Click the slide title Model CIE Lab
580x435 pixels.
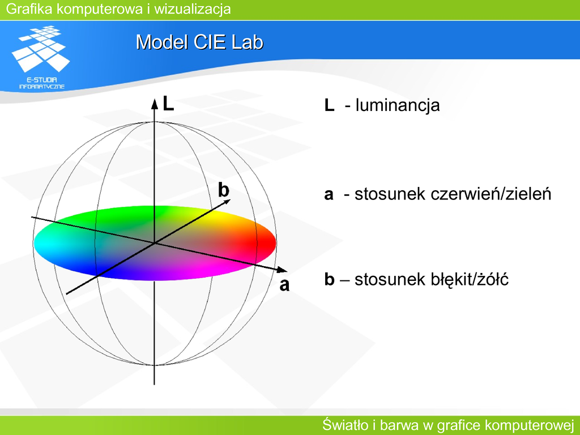click(199, 42)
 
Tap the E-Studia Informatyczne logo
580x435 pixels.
click(41, 57)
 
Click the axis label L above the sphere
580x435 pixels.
click(168, 104)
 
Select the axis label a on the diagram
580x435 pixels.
click(284, 285)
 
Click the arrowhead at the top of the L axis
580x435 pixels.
click(154, 104)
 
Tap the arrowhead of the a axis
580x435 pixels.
click(282, 270)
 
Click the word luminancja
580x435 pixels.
click(398, 105)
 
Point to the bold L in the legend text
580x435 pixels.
click(329, 105)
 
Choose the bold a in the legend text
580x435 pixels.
click(329, 195)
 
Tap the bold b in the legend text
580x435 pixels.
click(329, 279)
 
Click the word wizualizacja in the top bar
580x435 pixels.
click(193, 9)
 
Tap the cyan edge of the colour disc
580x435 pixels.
click(39, 243)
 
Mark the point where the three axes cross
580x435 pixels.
click(154, 243)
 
